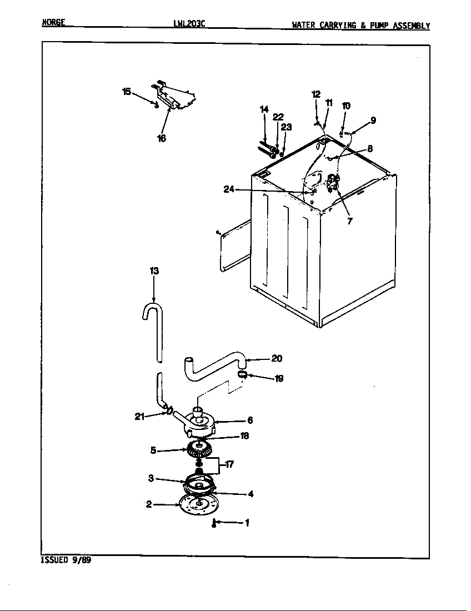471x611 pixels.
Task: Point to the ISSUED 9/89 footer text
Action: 66,560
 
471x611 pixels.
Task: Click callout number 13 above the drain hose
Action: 154,271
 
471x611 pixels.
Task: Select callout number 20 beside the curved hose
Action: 277,358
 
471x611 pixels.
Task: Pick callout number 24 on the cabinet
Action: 228,189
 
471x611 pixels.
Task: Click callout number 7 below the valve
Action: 349,221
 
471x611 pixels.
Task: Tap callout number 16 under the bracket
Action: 161,138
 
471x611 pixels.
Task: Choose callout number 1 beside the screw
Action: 247,522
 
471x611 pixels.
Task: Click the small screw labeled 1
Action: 214,523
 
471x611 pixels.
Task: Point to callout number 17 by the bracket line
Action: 228,465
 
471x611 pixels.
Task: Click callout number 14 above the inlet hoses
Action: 264,109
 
